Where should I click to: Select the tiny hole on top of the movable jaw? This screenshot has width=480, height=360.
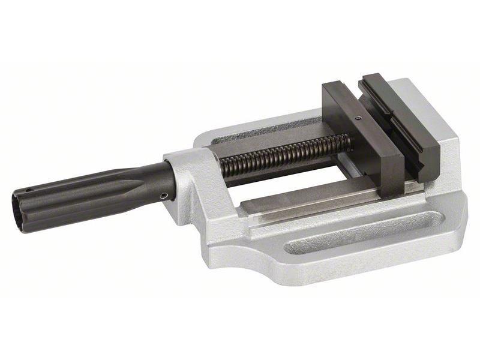click(358, 118)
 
